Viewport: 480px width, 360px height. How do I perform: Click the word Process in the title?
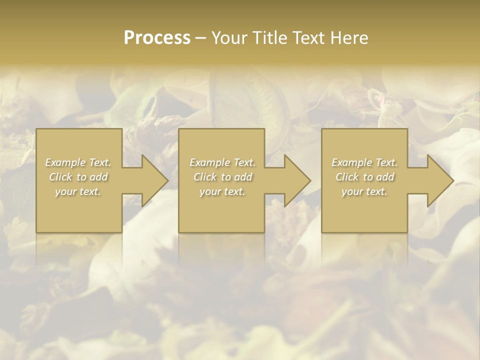coord(157,38)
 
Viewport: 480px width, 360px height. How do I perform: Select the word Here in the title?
coord(349,38)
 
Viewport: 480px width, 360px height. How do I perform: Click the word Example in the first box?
coord(65,162)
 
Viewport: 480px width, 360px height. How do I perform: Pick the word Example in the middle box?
coord(209,162)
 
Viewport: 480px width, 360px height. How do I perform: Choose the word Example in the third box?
coord(351,162)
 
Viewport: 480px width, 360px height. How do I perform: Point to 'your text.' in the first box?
coord(78,191)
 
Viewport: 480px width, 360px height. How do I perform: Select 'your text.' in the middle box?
coord(222,191)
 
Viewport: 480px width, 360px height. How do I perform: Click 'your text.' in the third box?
coord(364,191)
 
